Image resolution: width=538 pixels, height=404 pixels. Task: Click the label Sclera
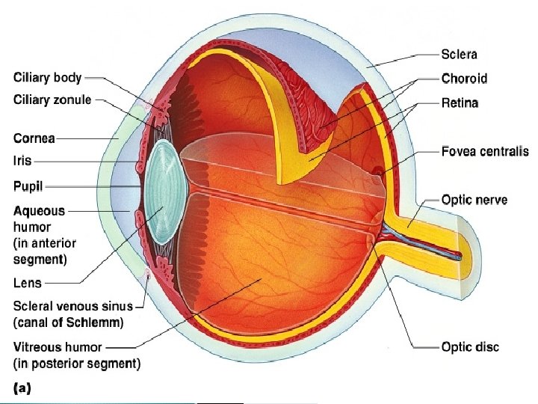coord(459,55)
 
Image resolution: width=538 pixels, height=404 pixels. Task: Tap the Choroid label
coord(463,79)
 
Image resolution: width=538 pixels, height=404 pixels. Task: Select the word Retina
coord(460,102)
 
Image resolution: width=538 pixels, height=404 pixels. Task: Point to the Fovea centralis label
coord(484,151)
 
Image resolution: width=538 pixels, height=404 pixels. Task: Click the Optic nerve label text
coord(474,200)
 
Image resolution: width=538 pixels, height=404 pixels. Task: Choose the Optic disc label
coord(470,346)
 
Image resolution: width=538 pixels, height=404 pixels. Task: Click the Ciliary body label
coord(47,76)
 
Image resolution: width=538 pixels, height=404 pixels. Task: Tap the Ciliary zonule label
coord(52,100)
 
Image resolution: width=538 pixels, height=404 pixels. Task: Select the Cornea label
coord(34,138)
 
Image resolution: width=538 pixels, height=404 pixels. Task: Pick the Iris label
coord(22,159)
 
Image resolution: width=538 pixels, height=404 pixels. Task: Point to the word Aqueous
coord(39,211)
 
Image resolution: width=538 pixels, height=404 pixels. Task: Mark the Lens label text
coord(28,284)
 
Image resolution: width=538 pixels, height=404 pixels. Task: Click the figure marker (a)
coord(22,388)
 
